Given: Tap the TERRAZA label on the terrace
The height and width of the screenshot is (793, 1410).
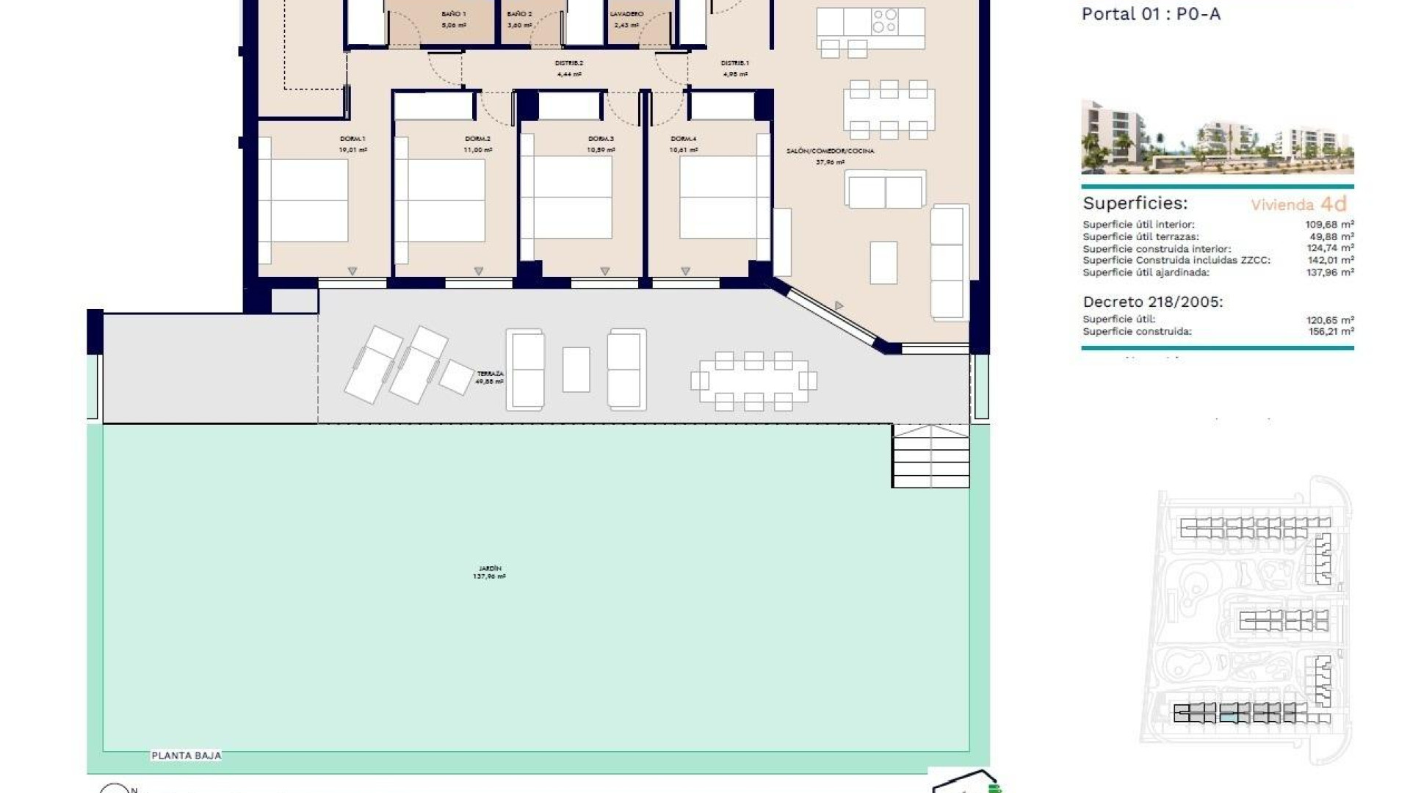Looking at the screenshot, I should [490, 374].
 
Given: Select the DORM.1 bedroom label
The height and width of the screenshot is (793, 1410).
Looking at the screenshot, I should [352, 139].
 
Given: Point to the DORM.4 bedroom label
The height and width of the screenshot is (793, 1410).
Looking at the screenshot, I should [683, 139].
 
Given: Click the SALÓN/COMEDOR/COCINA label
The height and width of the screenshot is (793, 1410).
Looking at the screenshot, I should [830, 151].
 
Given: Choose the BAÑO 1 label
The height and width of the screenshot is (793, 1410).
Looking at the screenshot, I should [454, 14].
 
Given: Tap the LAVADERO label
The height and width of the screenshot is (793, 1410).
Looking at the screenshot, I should [626, 14].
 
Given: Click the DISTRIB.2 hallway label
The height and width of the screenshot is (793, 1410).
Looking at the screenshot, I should [569, 63].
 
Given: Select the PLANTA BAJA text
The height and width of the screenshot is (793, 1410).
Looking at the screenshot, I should [186, 756].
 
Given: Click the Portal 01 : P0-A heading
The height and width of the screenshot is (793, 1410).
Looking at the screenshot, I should [1151, 14].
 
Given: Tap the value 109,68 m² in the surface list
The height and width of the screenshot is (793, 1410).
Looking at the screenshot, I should [1329, 225].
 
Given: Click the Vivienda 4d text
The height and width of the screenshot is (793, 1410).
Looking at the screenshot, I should [1298, 204].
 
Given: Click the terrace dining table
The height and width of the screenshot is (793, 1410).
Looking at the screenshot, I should [753, 381].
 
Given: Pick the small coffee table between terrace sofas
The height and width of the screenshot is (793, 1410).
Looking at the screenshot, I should [576, 369].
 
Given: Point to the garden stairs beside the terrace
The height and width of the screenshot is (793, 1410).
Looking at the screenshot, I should [930, 456].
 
